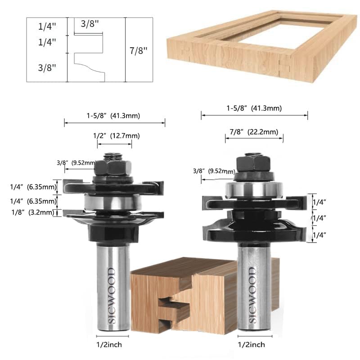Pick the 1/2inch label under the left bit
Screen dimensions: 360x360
click(109, 345)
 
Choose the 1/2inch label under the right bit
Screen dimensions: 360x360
click(250, 345)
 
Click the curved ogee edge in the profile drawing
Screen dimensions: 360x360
click(90, 67)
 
